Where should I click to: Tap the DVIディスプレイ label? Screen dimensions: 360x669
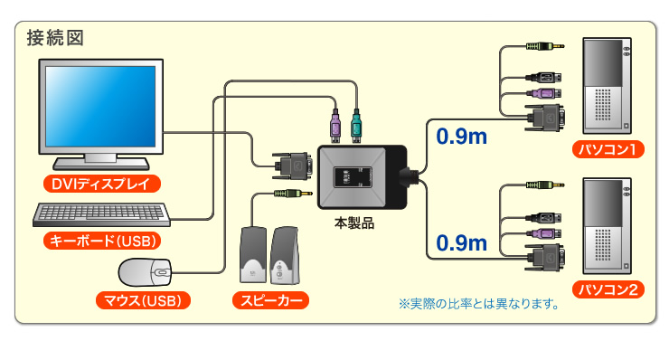(101, 185)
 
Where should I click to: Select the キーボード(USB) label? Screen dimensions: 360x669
(101, 241)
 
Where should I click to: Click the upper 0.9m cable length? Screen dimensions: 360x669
(461, 137)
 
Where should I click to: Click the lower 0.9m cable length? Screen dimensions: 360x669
(461, 242)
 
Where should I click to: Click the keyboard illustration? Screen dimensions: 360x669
(100, 215)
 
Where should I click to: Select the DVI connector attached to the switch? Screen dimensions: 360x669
(294, 166)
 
